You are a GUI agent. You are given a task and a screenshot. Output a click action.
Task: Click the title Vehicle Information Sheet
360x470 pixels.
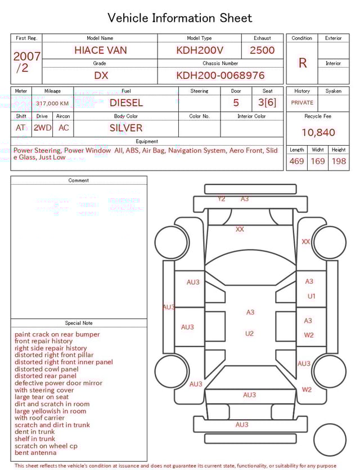click(x=179, y=18)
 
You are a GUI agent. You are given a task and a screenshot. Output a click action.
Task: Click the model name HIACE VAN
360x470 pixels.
click(x=100, y=50)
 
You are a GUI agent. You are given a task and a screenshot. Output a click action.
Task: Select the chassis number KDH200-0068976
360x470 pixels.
click(x=220, y=75)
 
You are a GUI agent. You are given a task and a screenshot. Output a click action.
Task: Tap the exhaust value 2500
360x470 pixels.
click(x=262, y=50)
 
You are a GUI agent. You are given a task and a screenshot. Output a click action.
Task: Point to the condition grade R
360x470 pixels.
click(x=302, y=63)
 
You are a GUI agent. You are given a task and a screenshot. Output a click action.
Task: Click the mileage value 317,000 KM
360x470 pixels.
click(x=52, y=104)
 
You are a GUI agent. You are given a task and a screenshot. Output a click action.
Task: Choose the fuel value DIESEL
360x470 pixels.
click(x=126, y=103)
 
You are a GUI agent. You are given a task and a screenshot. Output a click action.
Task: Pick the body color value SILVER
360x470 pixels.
click(x=126, y=128)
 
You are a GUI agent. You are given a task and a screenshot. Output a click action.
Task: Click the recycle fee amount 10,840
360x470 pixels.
click(x=318, y=133)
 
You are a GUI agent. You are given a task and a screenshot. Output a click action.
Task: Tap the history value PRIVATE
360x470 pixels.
click(x=302, y=103)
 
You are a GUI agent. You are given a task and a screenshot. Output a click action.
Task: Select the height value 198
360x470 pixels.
click(x=339, y=162)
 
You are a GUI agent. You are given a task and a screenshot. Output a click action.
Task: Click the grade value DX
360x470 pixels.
click(x=100, y=75)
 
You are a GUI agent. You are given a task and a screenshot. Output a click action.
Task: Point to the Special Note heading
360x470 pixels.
click(x=79, y=323)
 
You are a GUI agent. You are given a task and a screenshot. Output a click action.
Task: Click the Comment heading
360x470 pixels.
click(x=79, y=181)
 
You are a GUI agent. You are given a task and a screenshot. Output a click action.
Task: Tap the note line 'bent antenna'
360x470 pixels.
click(x=35, y=453)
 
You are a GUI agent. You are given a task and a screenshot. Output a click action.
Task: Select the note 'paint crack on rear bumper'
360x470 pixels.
click(x=57, y=334)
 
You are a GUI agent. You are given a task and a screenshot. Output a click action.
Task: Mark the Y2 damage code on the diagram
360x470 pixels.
click(x=221, y=199)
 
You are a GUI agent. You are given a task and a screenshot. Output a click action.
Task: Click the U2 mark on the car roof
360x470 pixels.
click(x=249, y=333)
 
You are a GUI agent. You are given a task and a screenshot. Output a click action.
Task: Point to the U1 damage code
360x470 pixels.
click(x=311, y=296)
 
